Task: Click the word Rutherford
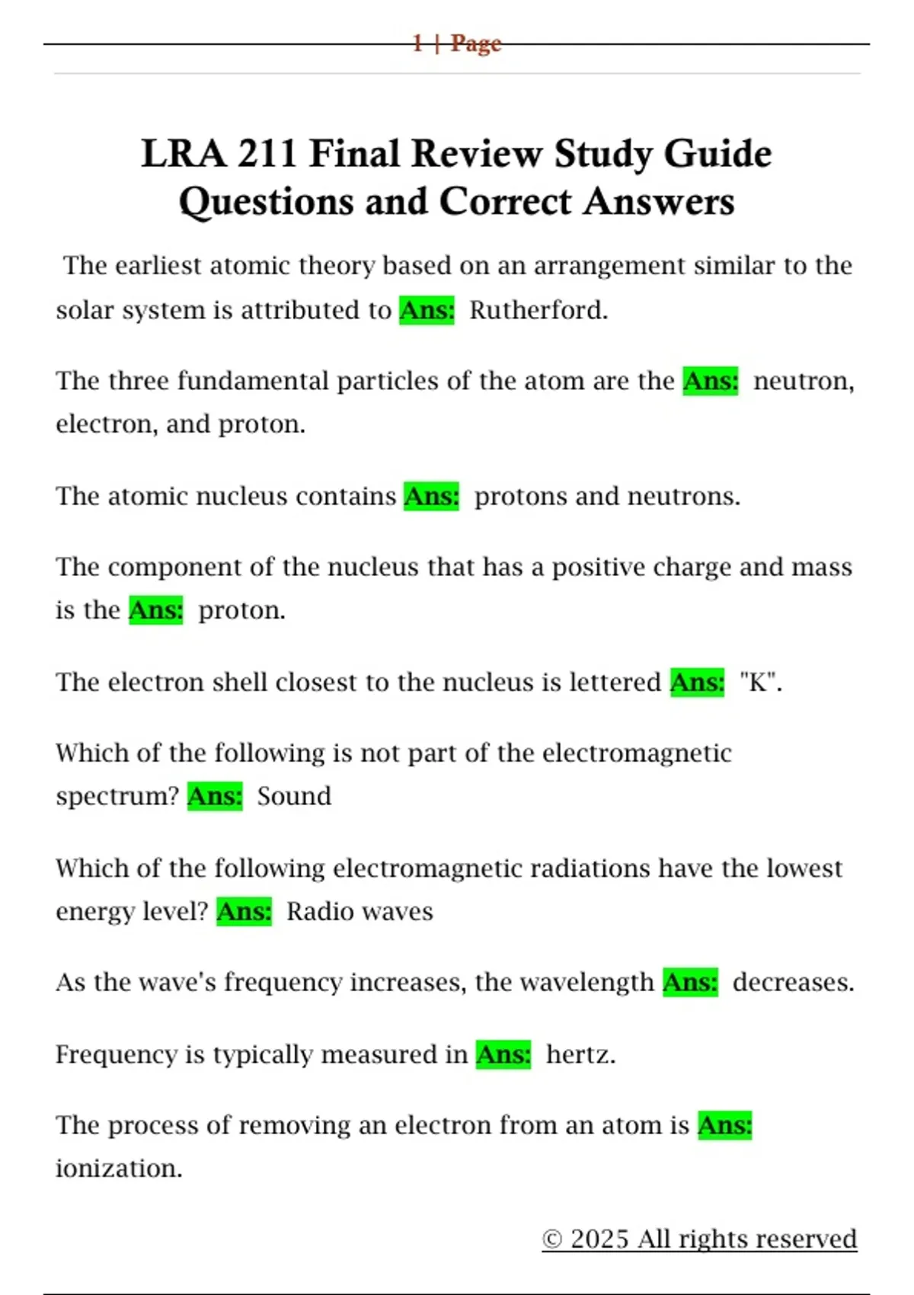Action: [538, 310]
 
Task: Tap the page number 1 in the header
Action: [417, 43]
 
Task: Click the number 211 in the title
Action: [266, 154]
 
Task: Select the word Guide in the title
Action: [717, 154]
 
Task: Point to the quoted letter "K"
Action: [759, 682]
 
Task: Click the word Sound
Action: [294, 796]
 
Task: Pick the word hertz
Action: [580, 1054]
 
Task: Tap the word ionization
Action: [119, 1168]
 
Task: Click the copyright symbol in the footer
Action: [552, 1239]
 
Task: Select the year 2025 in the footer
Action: [600, 1239]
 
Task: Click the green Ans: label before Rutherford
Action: [427, 310]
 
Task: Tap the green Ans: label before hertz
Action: [503, 1054]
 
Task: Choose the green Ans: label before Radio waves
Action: [244, 911]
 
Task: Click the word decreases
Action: [792, 982]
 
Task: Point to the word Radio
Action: [315, 911]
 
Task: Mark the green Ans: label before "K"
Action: [697, 682]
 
